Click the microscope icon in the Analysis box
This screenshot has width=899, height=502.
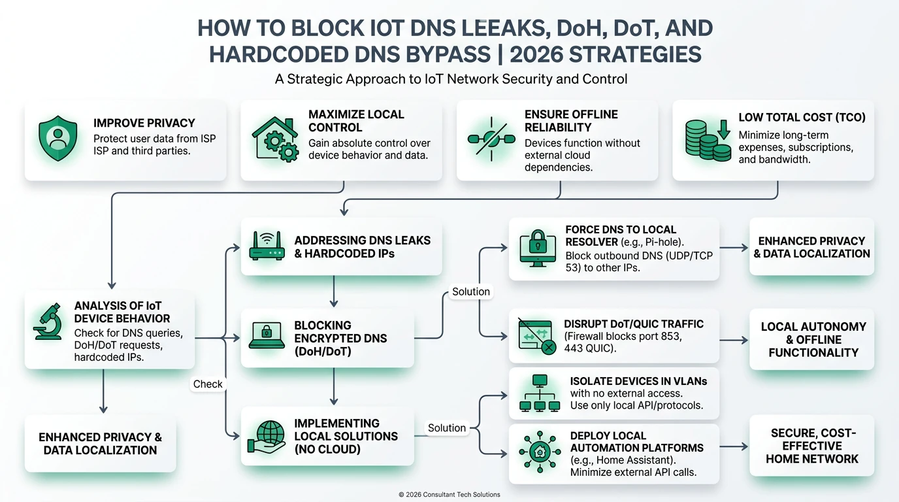[48, 322]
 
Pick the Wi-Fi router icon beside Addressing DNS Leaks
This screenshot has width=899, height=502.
[267, 246]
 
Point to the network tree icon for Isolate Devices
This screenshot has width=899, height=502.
[539, 393]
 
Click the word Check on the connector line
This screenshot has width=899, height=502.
[208, 384]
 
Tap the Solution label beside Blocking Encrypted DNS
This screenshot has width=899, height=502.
[470, 292]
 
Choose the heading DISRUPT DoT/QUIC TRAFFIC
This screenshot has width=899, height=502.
[633, 324]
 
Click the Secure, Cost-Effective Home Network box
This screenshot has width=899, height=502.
[812, 446]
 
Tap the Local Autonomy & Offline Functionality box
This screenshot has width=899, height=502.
[812, 339]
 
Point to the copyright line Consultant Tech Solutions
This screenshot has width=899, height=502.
[449, 495]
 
